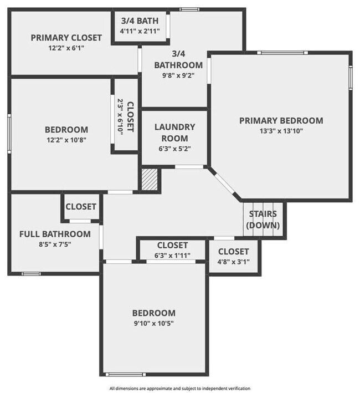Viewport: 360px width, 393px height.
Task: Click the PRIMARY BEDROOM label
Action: click(x=281, y=121)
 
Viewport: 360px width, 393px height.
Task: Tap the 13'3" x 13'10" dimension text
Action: click(x=281, y=131)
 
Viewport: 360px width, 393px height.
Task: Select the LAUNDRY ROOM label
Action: click(x=174, y=132)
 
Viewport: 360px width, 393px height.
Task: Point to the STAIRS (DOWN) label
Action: click(x=263, y=220)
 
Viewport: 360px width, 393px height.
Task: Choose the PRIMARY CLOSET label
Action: click(x=66, y=38)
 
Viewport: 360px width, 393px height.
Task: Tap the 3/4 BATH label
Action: click(x=140, y=21)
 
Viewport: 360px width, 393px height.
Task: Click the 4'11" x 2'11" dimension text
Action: click(x=140, y=31)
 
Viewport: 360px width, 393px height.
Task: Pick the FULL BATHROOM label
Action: click(x=55, y=234)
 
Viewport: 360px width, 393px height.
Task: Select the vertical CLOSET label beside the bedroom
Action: click(x=130, y=116)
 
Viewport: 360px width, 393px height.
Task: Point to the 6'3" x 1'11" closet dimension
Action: click(x=172, y=256)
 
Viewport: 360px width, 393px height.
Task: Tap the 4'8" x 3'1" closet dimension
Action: click(x=233, y=262)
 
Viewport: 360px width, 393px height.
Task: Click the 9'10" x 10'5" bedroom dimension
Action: click(x=153, y=323)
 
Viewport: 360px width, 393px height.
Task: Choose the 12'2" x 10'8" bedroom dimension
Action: click(x=66, y=140)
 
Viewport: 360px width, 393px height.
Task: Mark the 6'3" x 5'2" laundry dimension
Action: click(x=174, y=149)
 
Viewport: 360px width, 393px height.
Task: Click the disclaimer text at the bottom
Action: click(x=180, y=389)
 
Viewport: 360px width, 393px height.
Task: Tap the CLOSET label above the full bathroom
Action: click(x=81, y=207)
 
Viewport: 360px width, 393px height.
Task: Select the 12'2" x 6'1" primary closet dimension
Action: click(x=66, y=48)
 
